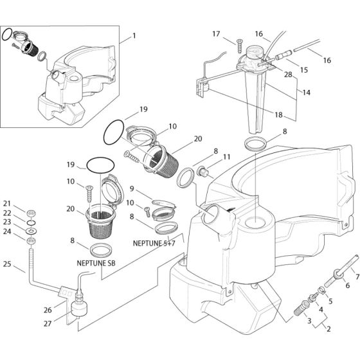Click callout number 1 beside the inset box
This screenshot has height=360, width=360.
pos(134,36)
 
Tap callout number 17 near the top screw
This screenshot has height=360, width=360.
pos(216,33)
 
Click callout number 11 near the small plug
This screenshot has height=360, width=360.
pos(226,157)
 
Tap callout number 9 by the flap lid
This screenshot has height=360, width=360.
pos(131,189)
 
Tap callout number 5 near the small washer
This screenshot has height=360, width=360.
pos(330,299)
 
